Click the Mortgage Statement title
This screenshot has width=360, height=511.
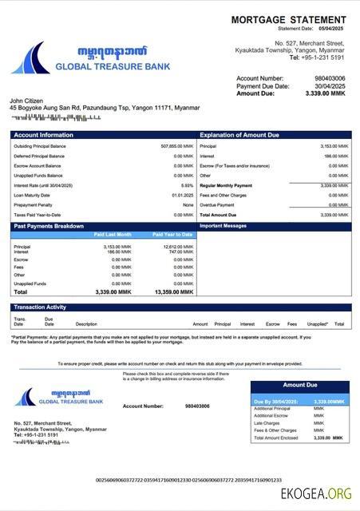point(288,19)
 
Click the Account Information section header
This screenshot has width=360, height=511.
point(44,135)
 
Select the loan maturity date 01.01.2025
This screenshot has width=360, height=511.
point(182,195)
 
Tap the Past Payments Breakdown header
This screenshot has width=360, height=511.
point(49,226)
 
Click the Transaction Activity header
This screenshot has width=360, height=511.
point(40,307)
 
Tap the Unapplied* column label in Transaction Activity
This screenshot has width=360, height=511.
point(317,324)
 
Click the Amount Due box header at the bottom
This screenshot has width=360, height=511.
point(299,385)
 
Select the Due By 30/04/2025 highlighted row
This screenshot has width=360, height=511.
point(299,402)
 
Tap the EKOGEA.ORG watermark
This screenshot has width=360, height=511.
point(315,493)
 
